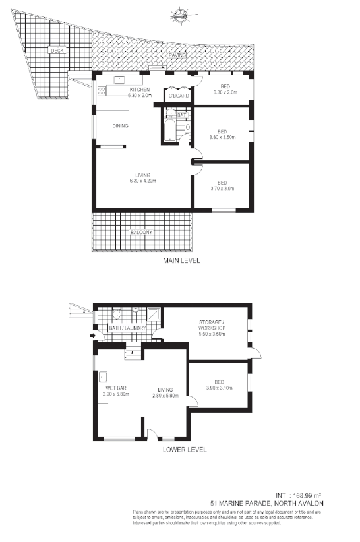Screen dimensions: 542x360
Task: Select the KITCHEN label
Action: [140, 89]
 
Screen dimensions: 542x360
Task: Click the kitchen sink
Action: [121, 80]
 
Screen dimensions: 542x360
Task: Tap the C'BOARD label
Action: [179, 96]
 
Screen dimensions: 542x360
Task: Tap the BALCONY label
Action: [141, 232]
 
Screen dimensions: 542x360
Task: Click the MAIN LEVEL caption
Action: [181, 261]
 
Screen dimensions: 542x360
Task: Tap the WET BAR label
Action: [116, 388]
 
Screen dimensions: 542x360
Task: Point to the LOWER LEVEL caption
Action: [184, 450]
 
